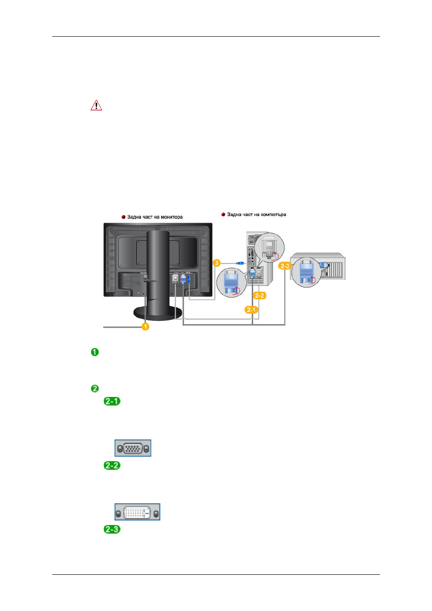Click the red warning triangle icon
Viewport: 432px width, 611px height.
click(96, 105)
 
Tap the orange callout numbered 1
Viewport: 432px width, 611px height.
click(145, 326)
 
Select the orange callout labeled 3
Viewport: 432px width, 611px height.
click(216, 263)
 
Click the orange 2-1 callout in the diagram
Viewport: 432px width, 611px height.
click(251, 310)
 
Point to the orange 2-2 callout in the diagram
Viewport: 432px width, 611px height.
click(259, 296)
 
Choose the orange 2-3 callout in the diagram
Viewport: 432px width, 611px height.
click(285, 266)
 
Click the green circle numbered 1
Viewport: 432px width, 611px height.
click(95, 352)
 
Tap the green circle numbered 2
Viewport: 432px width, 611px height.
click(95, 388)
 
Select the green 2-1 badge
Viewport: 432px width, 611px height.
click(112, 401)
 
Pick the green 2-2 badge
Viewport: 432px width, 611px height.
click(112, 465)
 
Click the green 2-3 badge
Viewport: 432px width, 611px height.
click(112, 530)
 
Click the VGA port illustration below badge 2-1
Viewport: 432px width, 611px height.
click(133, 448)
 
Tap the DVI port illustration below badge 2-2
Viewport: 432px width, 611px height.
click(137, 512)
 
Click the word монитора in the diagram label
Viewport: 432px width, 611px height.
click(172, 217)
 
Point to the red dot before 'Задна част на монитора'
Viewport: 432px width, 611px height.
click(123, 217)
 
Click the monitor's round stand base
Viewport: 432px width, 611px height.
click(158, 313)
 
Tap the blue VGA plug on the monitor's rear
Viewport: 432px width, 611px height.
click(183, 279)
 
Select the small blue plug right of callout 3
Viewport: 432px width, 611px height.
click(240, 263)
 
